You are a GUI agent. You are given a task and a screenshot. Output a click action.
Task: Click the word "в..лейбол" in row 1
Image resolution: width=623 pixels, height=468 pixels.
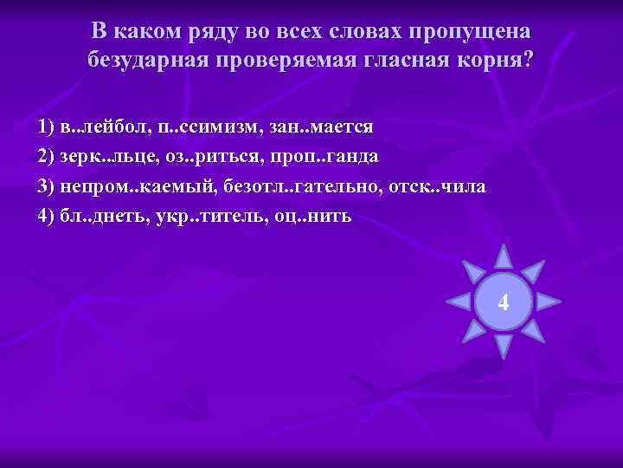pos(103,127)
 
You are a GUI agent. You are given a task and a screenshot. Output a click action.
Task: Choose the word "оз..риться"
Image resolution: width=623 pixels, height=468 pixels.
pos(204,157)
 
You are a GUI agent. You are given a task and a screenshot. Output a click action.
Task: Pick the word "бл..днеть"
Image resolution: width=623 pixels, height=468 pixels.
pos(102,216)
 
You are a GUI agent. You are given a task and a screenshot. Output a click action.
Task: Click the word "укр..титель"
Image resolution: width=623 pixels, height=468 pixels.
pos(202,216)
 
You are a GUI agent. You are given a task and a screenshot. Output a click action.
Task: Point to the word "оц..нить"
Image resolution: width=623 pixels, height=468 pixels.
pos(312,216)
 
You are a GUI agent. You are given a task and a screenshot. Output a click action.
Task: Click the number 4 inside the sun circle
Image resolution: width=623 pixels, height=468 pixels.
pos(504,303)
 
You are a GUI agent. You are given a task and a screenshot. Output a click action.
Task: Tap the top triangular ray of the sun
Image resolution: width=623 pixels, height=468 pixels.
pos(504,256)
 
